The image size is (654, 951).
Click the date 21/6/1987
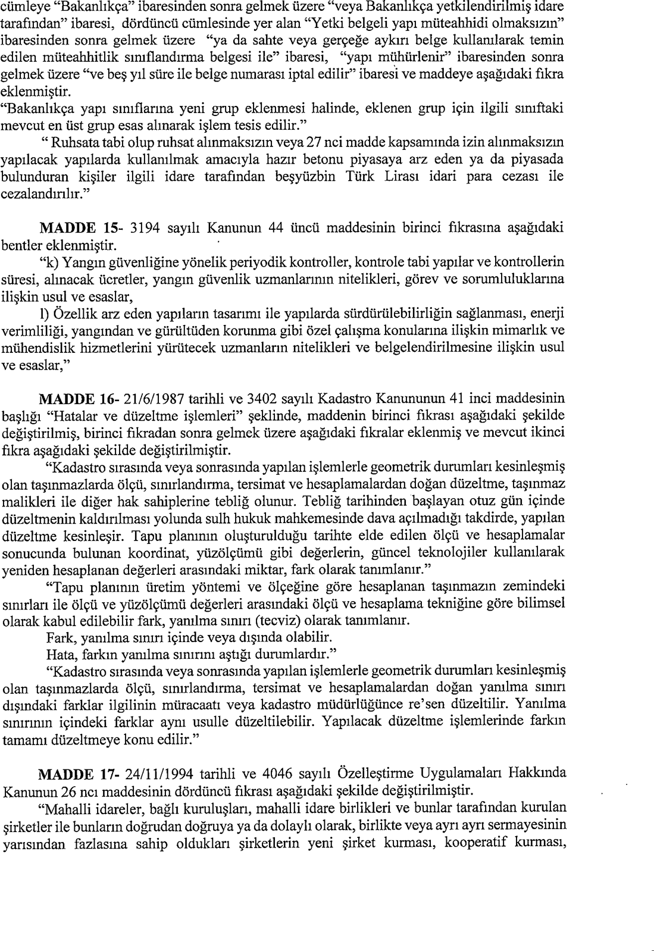tap(148, 397)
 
